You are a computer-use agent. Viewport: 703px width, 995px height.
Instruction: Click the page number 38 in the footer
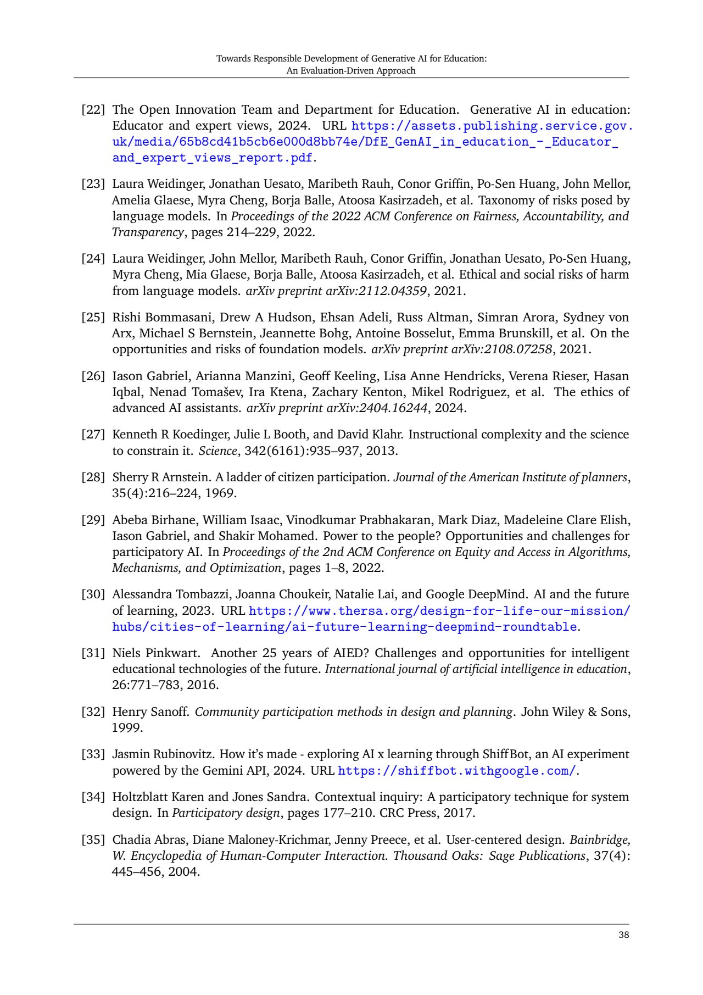(x=623, y=935)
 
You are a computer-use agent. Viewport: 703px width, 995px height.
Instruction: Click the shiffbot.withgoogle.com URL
(x=457, y=771)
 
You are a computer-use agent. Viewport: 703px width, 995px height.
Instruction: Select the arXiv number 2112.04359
(x=376, y=291)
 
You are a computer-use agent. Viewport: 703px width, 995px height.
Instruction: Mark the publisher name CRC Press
(x=409, y=813)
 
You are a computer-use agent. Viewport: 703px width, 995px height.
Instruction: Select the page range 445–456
(x=137, y=872)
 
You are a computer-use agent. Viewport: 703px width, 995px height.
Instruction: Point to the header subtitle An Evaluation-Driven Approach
(x=351, y=70)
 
